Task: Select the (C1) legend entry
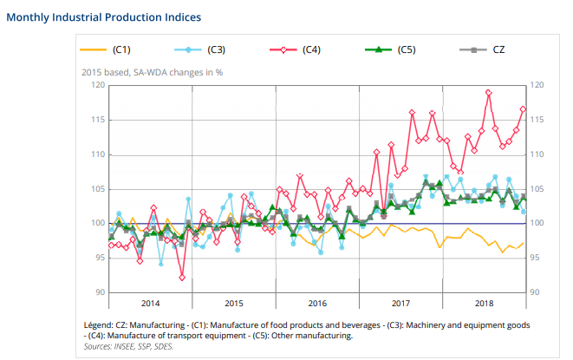[121, 49]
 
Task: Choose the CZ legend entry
[499, 49]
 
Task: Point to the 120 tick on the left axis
[98, 85]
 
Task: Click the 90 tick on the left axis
[100, 292]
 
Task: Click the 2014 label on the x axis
[151, 304]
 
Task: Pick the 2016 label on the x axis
[317, 304]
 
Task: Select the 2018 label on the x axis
[484, 304]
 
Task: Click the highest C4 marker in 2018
[489, 92]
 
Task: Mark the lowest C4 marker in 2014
[182, 278]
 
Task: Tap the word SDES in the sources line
[164, 345]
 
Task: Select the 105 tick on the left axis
[98, 189]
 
